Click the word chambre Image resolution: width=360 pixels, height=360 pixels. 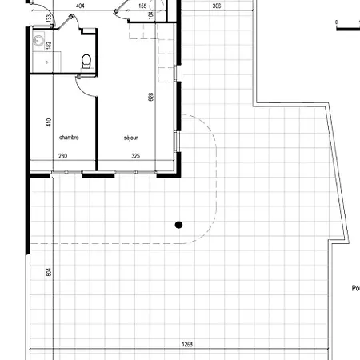click(x=69, y=137)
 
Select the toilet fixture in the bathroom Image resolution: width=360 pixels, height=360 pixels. click(x=86, y=60)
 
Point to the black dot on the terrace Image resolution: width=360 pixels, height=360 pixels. click(x=180, y=224)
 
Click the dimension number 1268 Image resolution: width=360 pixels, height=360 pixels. click(x=187, y=345)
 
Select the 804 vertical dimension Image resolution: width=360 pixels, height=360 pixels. click(x=48, y=272)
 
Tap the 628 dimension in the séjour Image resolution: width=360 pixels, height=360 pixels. click(x=150, y=97)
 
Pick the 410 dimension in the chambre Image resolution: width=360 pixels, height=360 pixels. click(x=49, y=123)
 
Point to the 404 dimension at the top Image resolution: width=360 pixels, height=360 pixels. click(x=80, y=6)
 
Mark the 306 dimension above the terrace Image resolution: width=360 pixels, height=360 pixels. click(x=217, y=6)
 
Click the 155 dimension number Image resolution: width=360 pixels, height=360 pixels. click(x=142, y=6)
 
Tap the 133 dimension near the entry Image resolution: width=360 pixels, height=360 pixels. click(x=49, y=18)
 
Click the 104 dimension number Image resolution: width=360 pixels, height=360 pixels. click(x=150, y=38)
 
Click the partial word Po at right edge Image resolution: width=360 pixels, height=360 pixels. click(x=355, y=289)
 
